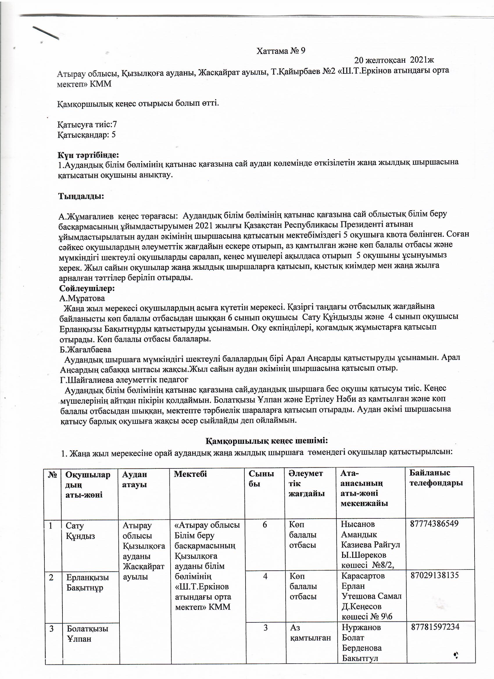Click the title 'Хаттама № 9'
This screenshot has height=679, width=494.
click(x=281, y=51)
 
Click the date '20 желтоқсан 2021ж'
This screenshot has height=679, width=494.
click(x=394, y=60)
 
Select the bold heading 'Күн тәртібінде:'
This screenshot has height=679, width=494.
click(x=88, y=155)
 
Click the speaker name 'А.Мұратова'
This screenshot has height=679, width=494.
click(x=82, y=298)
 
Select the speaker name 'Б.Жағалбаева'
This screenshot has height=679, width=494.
click(x=85, y=349)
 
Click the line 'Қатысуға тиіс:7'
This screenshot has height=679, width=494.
click(x=87, y=124)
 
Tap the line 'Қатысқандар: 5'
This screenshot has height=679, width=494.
click(x=87, y=135)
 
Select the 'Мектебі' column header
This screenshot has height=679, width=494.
click(x=190, y=474)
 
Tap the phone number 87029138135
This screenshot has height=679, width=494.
click(x=435, y=575)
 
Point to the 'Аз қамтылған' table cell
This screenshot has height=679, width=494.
click(x=310, y=632)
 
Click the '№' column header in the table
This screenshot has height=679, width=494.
click(x=53, y=475)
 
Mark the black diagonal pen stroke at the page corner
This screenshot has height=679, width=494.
click(x=46, y=32)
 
